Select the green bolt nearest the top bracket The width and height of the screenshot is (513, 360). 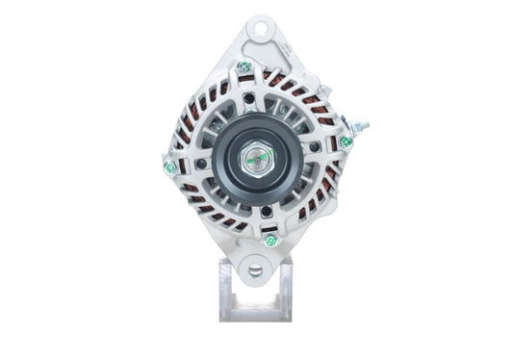coord(244,66)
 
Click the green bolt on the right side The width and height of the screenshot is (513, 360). coord(346,141)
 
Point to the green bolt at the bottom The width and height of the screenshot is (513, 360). coord(270,241)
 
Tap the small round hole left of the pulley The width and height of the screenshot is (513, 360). coord(200,163)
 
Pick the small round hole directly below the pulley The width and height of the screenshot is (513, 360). coord(263,211)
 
